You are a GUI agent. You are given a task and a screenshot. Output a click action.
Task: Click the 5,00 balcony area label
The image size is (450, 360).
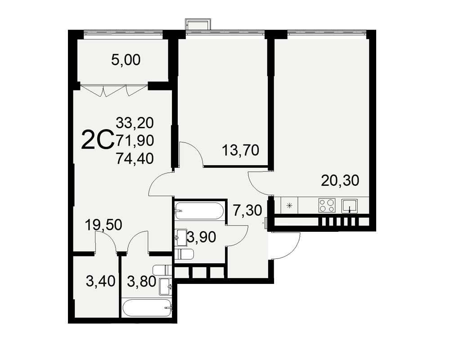tap(126, 60)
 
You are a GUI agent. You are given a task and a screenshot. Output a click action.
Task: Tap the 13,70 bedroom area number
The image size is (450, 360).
tap(240, 150)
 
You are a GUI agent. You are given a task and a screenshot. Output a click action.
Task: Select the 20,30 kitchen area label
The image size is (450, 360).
tap(340, 180)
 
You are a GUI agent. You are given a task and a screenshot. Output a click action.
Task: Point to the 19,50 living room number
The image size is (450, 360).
tap(103, 225)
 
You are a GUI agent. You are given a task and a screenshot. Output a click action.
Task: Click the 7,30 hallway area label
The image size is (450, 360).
tap(247, 211)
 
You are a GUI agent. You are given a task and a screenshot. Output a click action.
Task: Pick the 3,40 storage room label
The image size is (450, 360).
tap(100, 281)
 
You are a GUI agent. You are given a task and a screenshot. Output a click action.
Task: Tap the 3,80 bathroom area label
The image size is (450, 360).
tap(141, 281)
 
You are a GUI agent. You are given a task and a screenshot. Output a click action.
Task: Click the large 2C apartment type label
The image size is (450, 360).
tap(98, 139)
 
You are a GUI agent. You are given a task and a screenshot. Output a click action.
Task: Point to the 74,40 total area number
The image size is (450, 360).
tap(135, 158)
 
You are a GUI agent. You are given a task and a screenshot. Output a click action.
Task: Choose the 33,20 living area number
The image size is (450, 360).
tap(135, 123)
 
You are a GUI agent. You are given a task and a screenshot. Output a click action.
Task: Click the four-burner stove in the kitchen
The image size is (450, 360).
tap(327, 206)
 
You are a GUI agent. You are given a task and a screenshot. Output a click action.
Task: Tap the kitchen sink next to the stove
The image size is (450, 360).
tap(349, 206)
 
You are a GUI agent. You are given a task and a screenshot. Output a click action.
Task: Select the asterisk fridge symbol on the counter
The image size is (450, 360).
tap(289, 206)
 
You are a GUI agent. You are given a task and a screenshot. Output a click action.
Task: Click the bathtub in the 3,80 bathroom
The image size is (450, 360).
tap(147, 308)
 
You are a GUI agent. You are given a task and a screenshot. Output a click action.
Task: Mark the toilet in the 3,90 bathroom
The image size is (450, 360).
tap(184, 255)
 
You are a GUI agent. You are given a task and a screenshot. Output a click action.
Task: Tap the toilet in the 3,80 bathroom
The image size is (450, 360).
tap(162, 270)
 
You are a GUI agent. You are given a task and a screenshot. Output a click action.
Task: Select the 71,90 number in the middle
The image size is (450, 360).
tap(135, 140)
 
